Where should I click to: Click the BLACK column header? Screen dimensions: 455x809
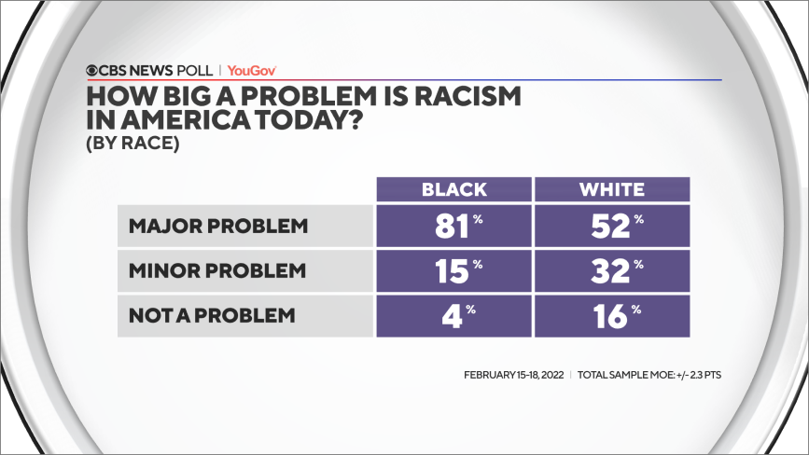coord(454,189)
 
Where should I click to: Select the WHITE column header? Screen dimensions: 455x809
coord(611,189)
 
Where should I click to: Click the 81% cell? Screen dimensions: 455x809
coord(454,227)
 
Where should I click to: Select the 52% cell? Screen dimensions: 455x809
coord(611,227)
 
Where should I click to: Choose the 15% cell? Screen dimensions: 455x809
coord(454,271)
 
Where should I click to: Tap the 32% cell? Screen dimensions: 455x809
coord(611,271)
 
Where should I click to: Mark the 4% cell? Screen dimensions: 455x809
coord(454,315)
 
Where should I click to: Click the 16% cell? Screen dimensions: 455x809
coord(611,315)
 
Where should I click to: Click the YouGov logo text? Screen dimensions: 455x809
coord(252,70)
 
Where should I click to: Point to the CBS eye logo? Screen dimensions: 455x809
coord(92,70)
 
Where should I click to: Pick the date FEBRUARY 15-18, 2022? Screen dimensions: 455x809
coord(514,375)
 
